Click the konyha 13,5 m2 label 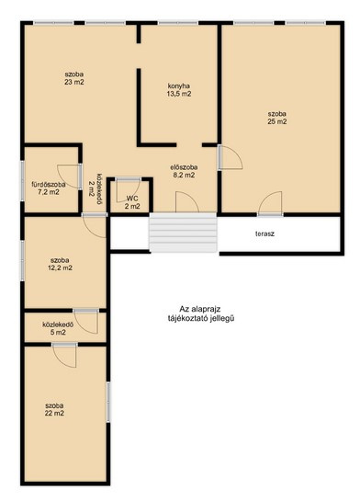pos(179,90)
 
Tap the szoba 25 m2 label pos(277,118)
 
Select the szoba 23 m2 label pos(74,78)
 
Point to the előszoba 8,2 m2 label pos(183,171)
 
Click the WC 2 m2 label pos(132,202)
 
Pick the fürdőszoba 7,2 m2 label pos(48,188)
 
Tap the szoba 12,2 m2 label pos(60,264)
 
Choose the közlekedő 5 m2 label pos(58,328)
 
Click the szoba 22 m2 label pos(54,409)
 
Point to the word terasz pos(264,233)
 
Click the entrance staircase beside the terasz pos(183,233)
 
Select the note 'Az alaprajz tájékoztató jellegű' pos(201,313)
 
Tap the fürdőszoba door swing pos(70,176)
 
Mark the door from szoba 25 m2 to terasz pos(270,203)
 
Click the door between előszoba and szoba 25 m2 pos(231,157)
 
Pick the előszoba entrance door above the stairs pos(187,202)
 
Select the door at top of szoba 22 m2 pos(65,356)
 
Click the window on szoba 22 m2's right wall pos(108,402)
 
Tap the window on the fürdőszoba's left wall pos(22,181)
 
